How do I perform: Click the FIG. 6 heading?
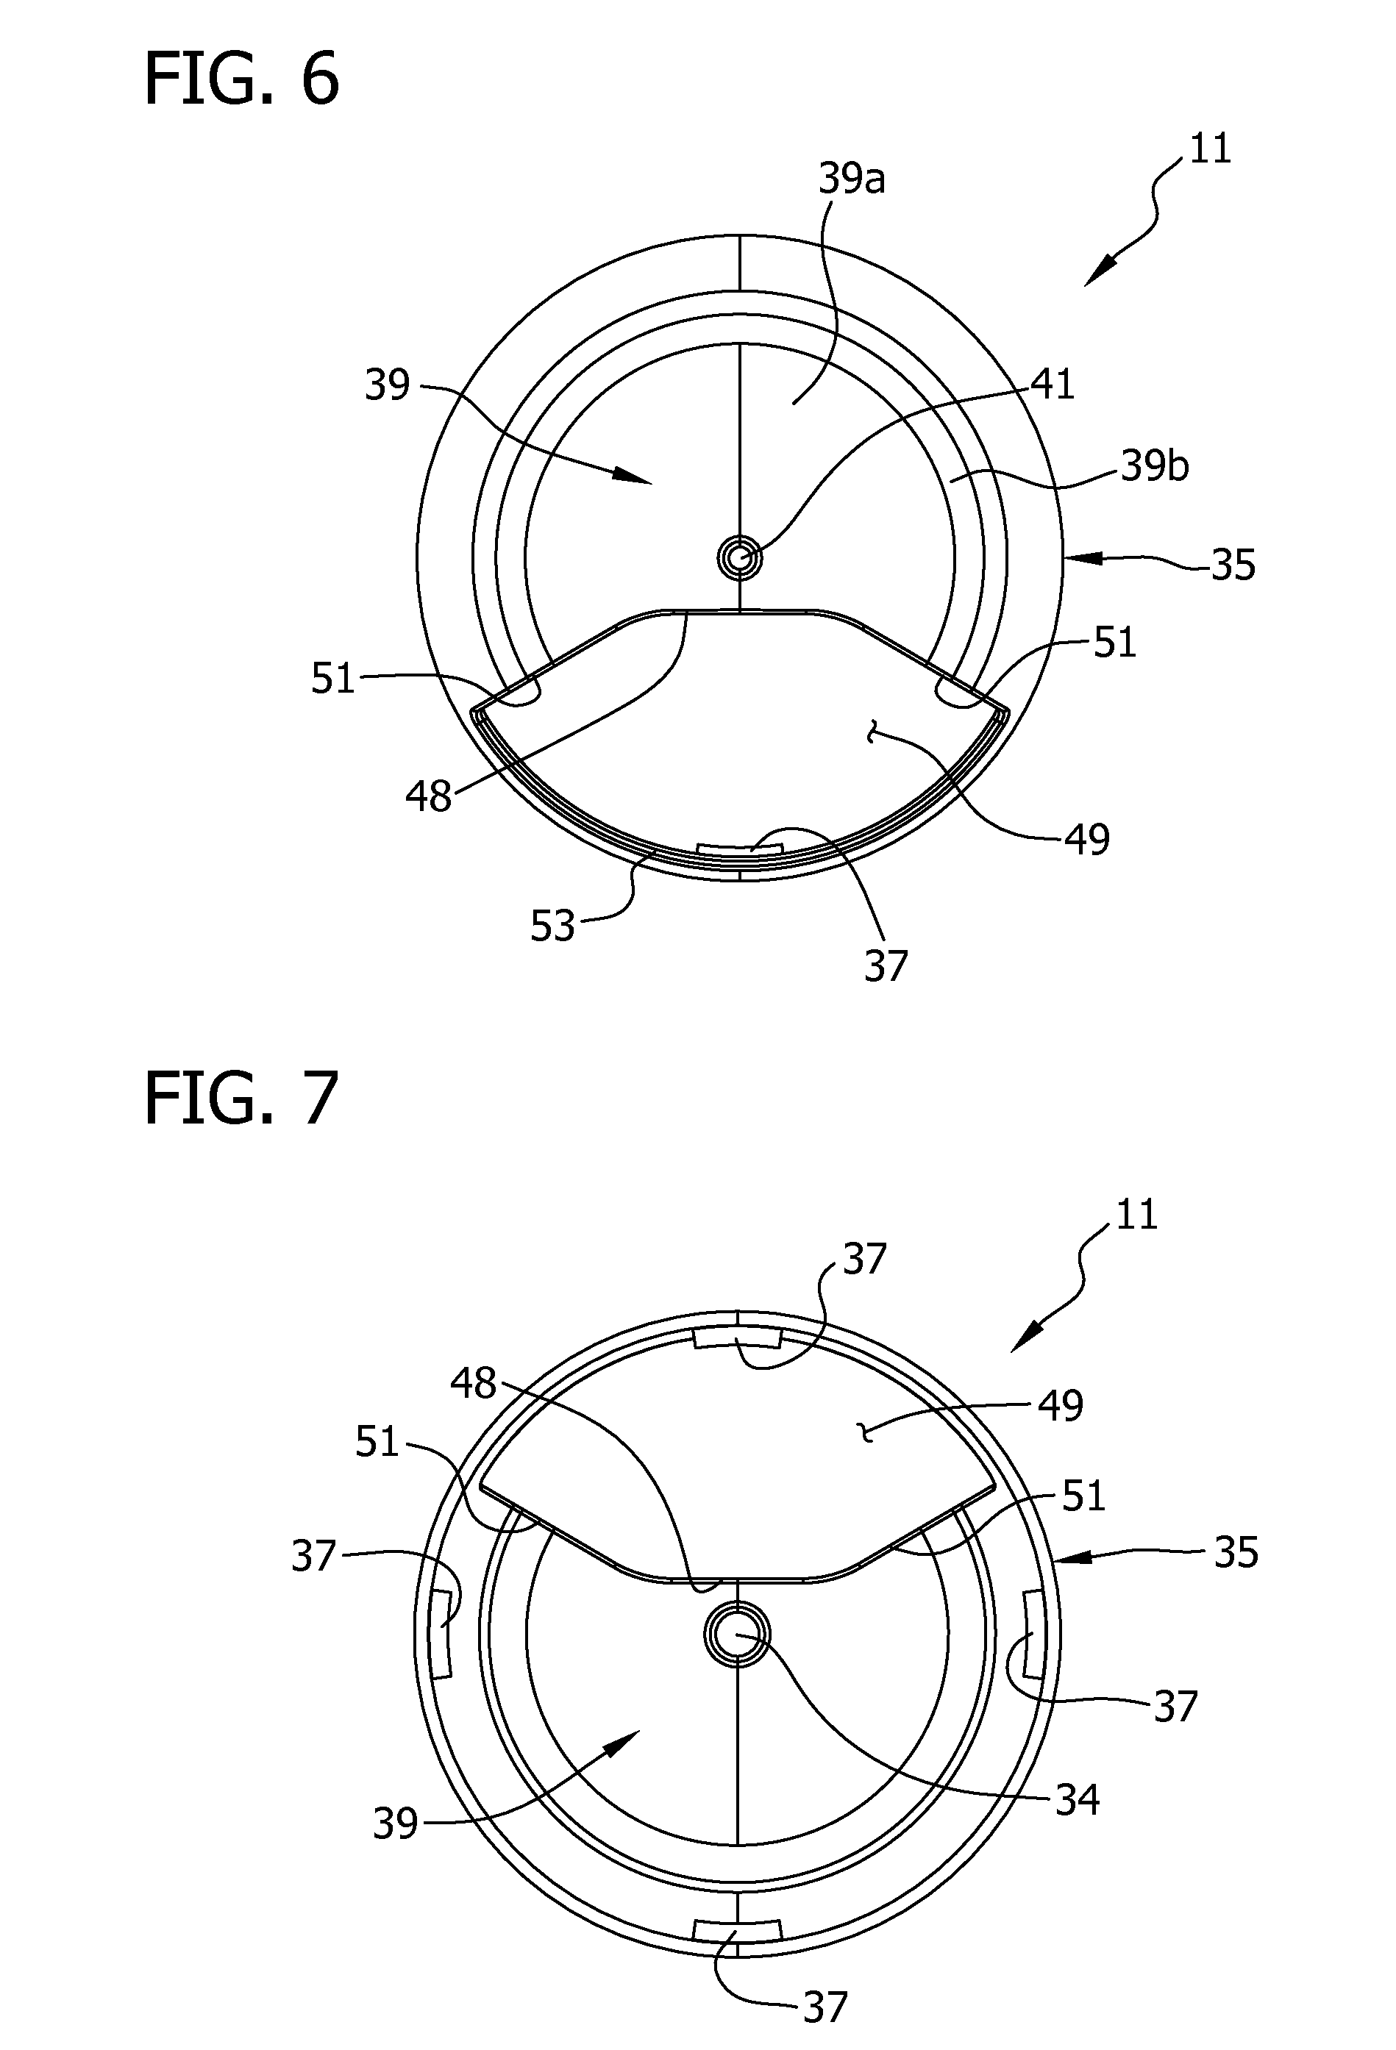(x=241, y=79)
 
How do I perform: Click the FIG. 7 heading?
(x=241, y=1099)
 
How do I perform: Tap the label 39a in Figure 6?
(x=852, y=179)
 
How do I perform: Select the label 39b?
(x=1155, y=465)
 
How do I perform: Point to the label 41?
(x=1052, y=384)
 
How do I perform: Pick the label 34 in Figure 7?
(x=1078, y=1799)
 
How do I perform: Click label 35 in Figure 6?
(x=1233, y=565)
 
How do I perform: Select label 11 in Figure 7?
(x=1136, y=1215)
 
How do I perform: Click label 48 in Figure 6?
(x=429, y=796)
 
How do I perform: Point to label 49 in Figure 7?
(x=1060, y=1404)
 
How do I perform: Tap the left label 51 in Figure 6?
(x=332, y=679)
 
